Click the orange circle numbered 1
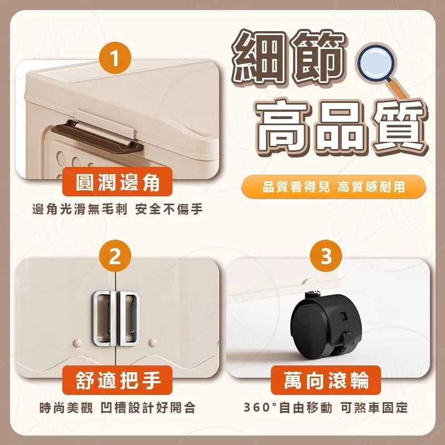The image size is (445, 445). click(x=115, y=58)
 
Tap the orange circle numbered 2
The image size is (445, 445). click(x=115, y=256)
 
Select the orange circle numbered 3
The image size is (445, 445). click(x=326, y=256)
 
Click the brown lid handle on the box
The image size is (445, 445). click(x=97, y=136)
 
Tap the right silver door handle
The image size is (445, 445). click(x=128, y=318)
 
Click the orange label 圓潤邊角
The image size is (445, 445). click(x=117, y=182)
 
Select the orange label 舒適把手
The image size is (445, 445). click(x=117, y=380)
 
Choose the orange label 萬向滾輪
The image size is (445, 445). click(x=326, y=380)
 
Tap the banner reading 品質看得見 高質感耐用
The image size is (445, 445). click(x=334, y=187)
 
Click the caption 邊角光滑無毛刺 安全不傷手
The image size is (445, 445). click(x=117, y=210)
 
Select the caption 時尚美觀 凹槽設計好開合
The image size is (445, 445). click(x=117, y=408)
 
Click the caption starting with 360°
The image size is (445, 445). click(x=326, y=408)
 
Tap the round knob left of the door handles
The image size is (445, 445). click(x=77, y=342)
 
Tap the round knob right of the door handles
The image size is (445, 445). click(x=152, y=342)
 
